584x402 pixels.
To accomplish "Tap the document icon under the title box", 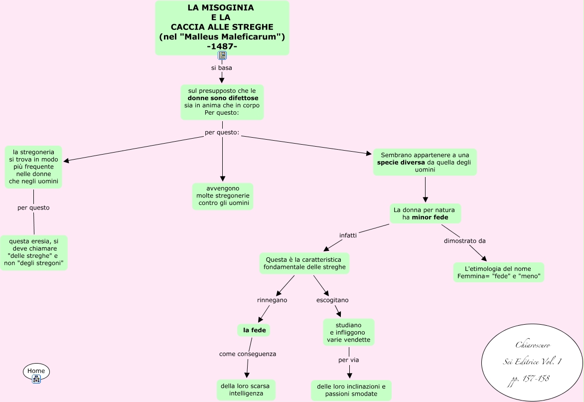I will pyautogui.click(x=222, y=55).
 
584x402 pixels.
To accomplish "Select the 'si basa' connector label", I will pyautogui.click(x=222, y=68).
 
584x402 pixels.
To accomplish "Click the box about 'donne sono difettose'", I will pyautogui.click(x=222, y=102).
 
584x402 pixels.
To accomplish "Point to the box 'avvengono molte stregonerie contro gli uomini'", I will pyautogui.click(x=223, y=196).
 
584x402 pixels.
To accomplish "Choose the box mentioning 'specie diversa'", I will pyautogui.click(x=425, y=162).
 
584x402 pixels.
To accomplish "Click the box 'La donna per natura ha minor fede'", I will pyautogui.click(x=425, y=213).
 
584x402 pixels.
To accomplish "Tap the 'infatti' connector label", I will pyautogui.click(x=348, y=235).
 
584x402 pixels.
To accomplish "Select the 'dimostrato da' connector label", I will pyautogui.click(x=464, y=241).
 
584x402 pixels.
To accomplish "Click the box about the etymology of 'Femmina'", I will pyautogui.click(x=498, y=272).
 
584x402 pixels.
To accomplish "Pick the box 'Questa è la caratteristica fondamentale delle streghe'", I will pyautogui.click(x=304, y=263).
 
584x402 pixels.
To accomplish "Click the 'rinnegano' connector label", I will pyautogui.click(x=272, y=300).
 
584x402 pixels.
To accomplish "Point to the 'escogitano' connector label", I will pyautogui.click(x=332, y=300).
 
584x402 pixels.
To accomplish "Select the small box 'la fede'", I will pyautogui.click(x=254, y=330).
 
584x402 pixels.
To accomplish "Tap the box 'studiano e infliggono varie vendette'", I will pyautogui.click(x=348, y=333).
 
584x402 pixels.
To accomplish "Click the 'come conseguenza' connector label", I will pyautogui.click(x=248, y=354).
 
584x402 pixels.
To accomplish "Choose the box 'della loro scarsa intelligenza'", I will pyautogui.click(x=246, y=390).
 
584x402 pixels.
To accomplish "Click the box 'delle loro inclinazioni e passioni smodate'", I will pyautogui.click(x=351, y=390).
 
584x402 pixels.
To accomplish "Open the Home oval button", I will pyautogui.click(x=36, y=371).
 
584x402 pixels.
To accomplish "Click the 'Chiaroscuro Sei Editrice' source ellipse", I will pyautogui.click(x=532, y=362).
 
